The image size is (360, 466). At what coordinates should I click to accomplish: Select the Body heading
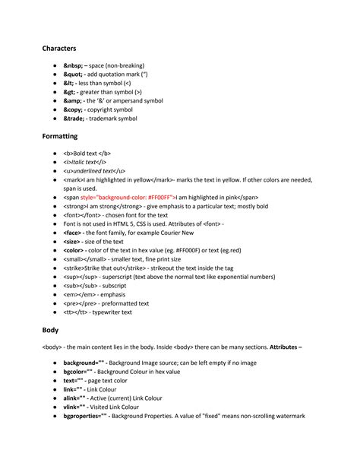click(51, 331)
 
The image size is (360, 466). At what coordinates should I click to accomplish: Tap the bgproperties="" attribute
click(86, 416)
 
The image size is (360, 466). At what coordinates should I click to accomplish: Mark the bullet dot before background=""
click(55, 363)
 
